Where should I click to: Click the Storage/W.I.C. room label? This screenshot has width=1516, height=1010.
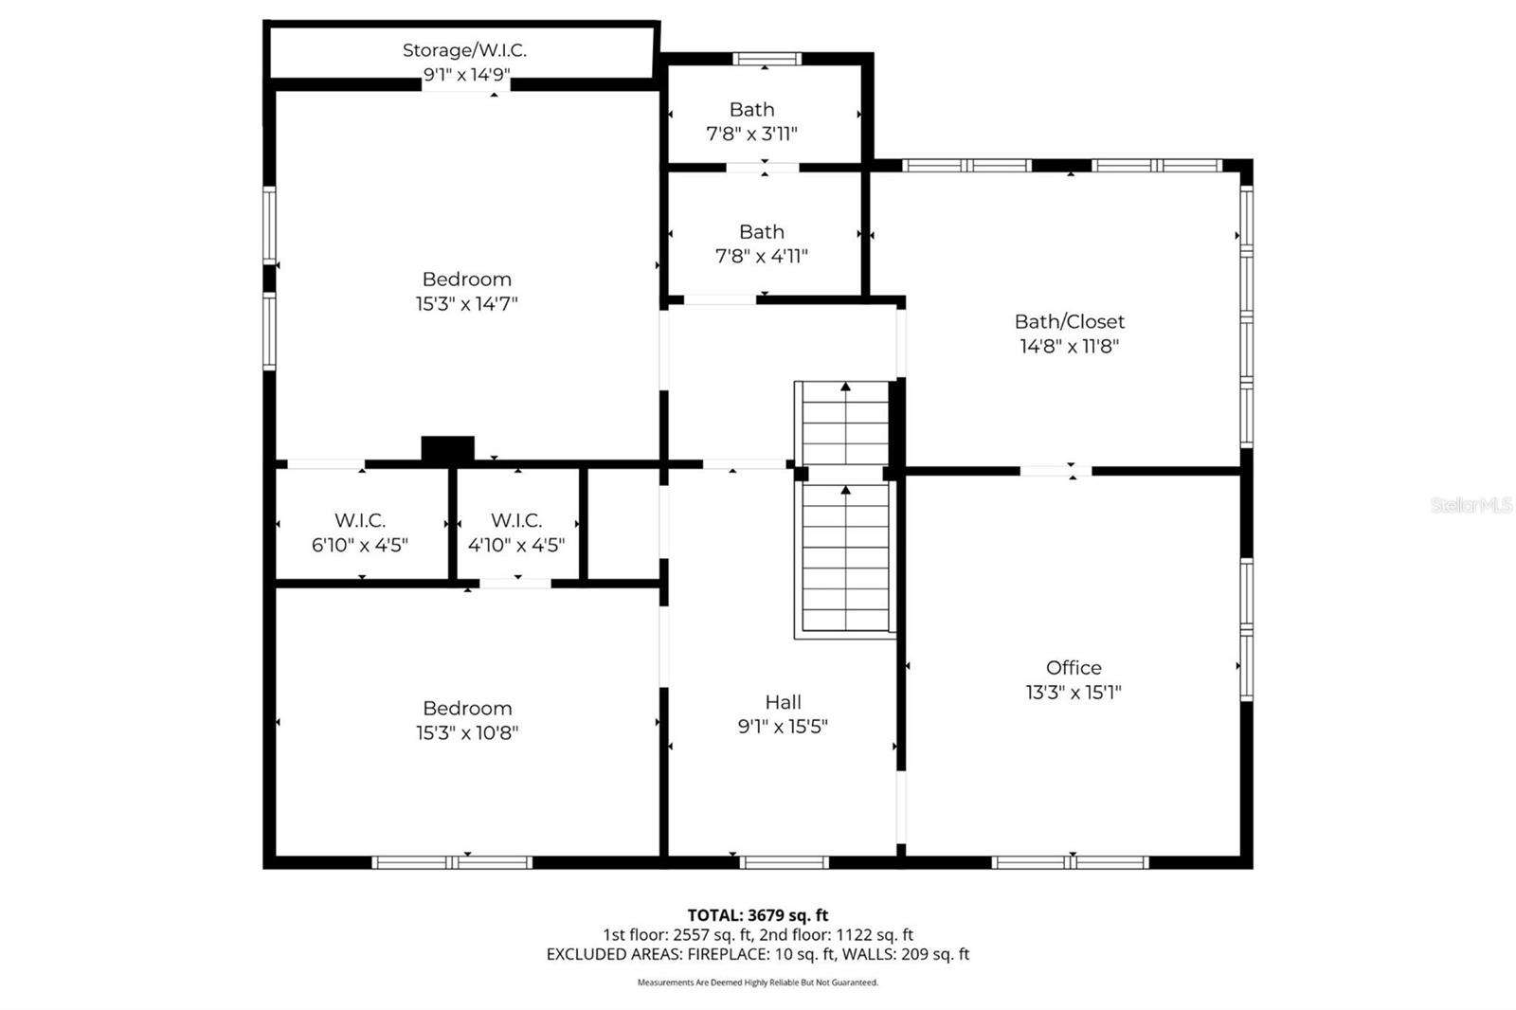(x=464, y=50)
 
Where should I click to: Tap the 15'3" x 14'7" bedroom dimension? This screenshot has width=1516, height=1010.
(x=466, y=304)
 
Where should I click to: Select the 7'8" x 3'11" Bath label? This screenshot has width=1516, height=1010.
(x=751, y=110)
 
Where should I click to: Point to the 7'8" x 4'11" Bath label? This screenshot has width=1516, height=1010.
(x=762, y=232)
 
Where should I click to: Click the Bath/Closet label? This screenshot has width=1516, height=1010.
(x=1069, y=321)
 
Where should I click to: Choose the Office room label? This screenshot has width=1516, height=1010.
(x=1074, y=667)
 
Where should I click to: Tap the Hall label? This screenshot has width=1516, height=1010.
(x=783, y=702)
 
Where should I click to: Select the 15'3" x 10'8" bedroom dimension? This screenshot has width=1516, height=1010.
(x=466, y=732)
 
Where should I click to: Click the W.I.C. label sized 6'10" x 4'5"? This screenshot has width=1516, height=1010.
(x=360, y=520)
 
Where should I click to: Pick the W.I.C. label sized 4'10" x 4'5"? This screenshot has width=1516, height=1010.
(x=516, y=520)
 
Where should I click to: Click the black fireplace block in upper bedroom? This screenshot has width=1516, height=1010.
(x=447, y=448)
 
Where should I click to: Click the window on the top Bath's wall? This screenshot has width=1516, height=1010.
(x=767, y=59)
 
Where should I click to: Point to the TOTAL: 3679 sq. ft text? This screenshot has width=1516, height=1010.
(x=757, y=915)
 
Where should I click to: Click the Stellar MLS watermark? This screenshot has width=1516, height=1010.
(x=1471, y=505)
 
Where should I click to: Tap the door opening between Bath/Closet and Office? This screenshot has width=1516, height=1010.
(x=1055, y=471)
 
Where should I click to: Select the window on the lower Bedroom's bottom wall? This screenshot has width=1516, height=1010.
(x=452, y=862)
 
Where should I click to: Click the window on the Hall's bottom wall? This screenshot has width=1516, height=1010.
(x=784, y=862)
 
